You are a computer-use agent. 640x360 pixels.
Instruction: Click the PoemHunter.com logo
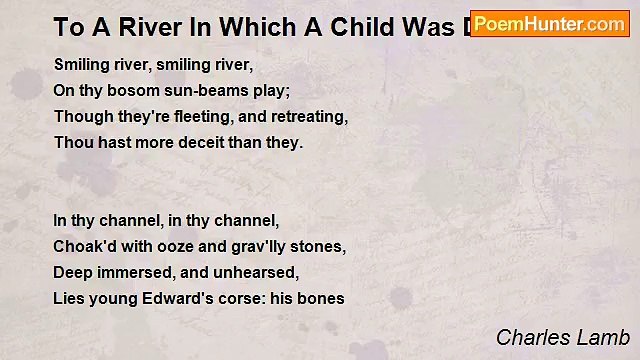pyautogui.click(x=549, y=24)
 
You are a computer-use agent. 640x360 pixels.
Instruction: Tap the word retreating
pyautogui.click(x=309, y=117)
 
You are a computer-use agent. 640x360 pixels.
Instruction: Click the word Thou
pyautogui.click(x=73, y=143)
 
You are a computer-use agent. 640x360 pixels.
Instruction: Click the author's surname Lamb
pyautogui.click(x=604, y=337)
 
